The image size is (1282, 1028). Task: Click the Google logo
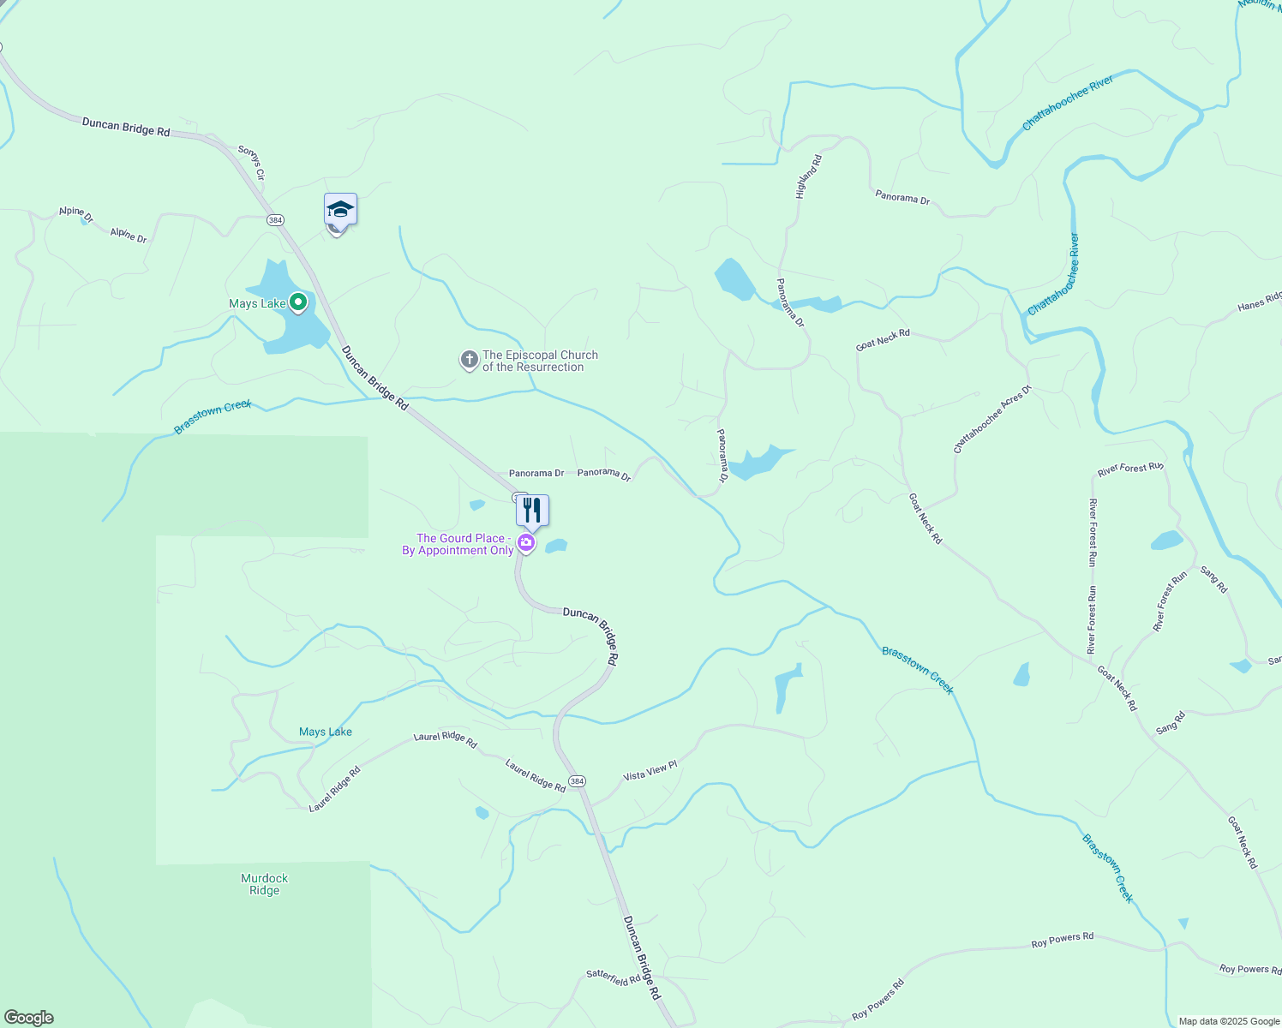point(29,1018)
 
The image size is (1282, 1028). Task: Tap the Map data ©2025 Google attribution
point(1229,1021)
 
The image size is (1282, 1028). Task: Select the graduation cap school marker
point(340,209)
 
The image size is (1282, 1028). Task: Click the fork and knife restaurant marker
point(532,511)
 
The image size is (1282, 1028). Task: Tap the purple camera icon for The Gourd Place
point(526,543)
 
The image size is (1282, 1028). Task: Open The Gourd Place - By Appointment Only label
point(458,544)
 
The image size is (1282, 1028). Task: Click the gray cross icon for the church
point(469,361)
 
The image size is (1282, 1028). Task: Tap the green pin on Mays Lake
point(298,302)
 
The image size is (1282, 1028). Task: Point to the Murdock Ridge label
point(264,884)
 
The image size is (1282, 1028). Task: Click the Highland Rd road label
point(808,176)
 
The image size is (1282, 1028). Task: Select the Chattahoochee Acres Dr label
point(992,419)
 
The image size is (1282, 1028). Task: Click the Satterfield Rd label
point(613,977)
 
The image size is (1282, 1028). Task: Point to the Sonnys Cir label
point(251,163)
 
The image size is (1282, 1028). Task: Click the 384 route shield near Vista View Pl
point(577,781)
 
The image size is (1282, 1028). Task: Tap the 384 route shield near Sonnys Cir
point(274,220)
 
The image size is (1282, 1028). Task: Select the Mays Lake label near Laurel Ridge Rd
point(326,732)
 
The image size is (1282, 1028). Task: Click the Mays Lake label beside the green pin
point(257,303)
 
